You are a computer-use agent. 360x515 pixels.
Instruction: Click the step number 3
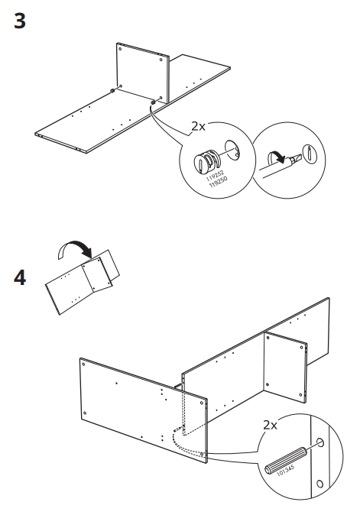coord(20,21)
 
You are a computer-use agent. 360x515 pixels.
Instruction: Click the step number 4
coord(21,277)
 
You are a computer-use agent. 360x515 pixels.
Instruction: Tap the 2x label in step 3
coord(198,126)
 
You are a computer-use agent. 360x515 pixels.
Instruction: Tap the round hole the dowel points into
coord(320,444)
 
